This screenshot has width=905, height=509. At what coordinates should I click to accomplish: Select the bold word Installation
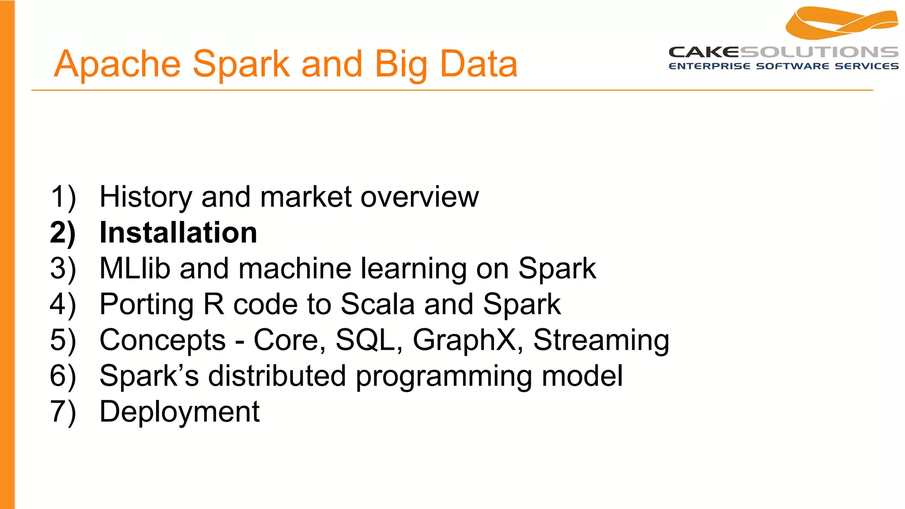(178, 233)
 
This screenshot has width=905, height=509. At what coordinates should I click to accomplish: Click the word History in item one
(145, 197)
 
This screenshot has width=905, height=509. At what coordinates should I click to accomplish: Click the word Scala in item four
(377, 304)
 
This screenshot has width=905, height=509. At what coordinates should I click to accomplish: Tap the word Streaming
(601, 340)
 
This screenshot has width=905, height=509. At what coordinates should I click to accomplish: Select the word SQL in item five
(369, 340)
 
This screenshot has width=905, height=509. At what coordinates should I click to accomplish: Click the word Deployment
(179, 412)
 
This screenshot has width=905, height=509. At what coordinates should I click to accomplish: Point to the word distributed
(277, 376)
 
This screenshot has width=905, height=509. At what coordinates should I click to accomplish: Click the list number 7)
(63, 412)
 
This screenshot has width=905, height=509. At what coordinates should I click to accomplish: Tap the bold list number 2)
(63, 233)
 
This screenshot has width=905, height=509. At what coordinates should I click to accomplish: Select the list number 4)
(63, 304)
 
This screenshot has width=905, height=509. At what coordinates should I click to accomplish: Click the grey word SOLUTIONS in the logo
(819, 52)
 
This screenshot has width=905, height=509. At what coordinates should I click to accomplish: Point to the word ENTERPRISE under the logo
(709, 66)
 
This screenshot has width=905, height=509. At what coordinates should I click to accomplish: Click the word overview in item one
(419, 197)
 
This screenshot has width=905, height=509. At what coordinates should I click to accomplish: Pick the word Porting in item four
(146, 304)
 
